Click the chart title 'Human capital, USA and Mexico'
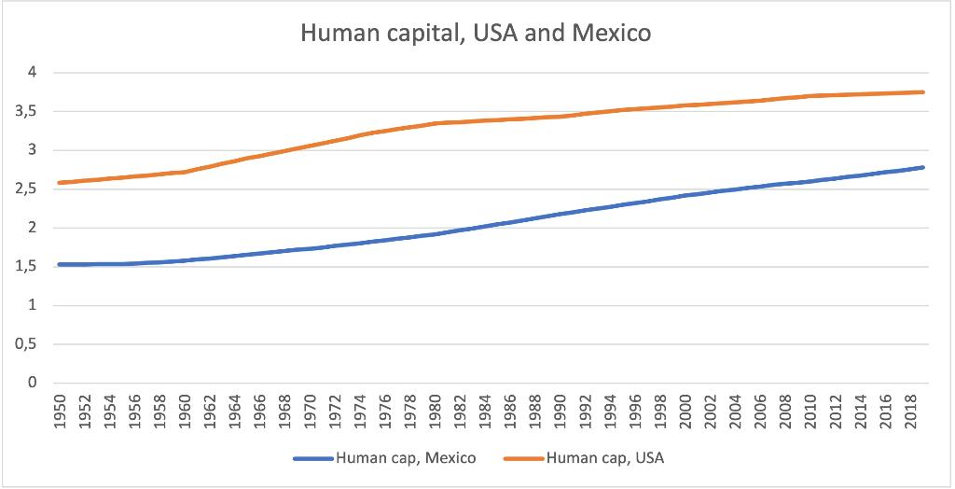coord(477,35)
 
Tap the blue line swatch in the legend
coord(311,458)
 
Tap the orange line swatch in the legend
coord(522,458)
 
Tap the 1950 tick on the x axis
coord(59,411)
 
